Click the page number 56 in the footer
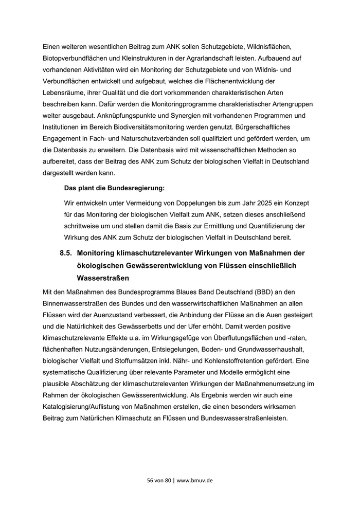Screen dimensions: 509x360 (150, 480)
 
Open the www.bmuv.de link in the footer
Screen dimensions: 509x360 (195, 480)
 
